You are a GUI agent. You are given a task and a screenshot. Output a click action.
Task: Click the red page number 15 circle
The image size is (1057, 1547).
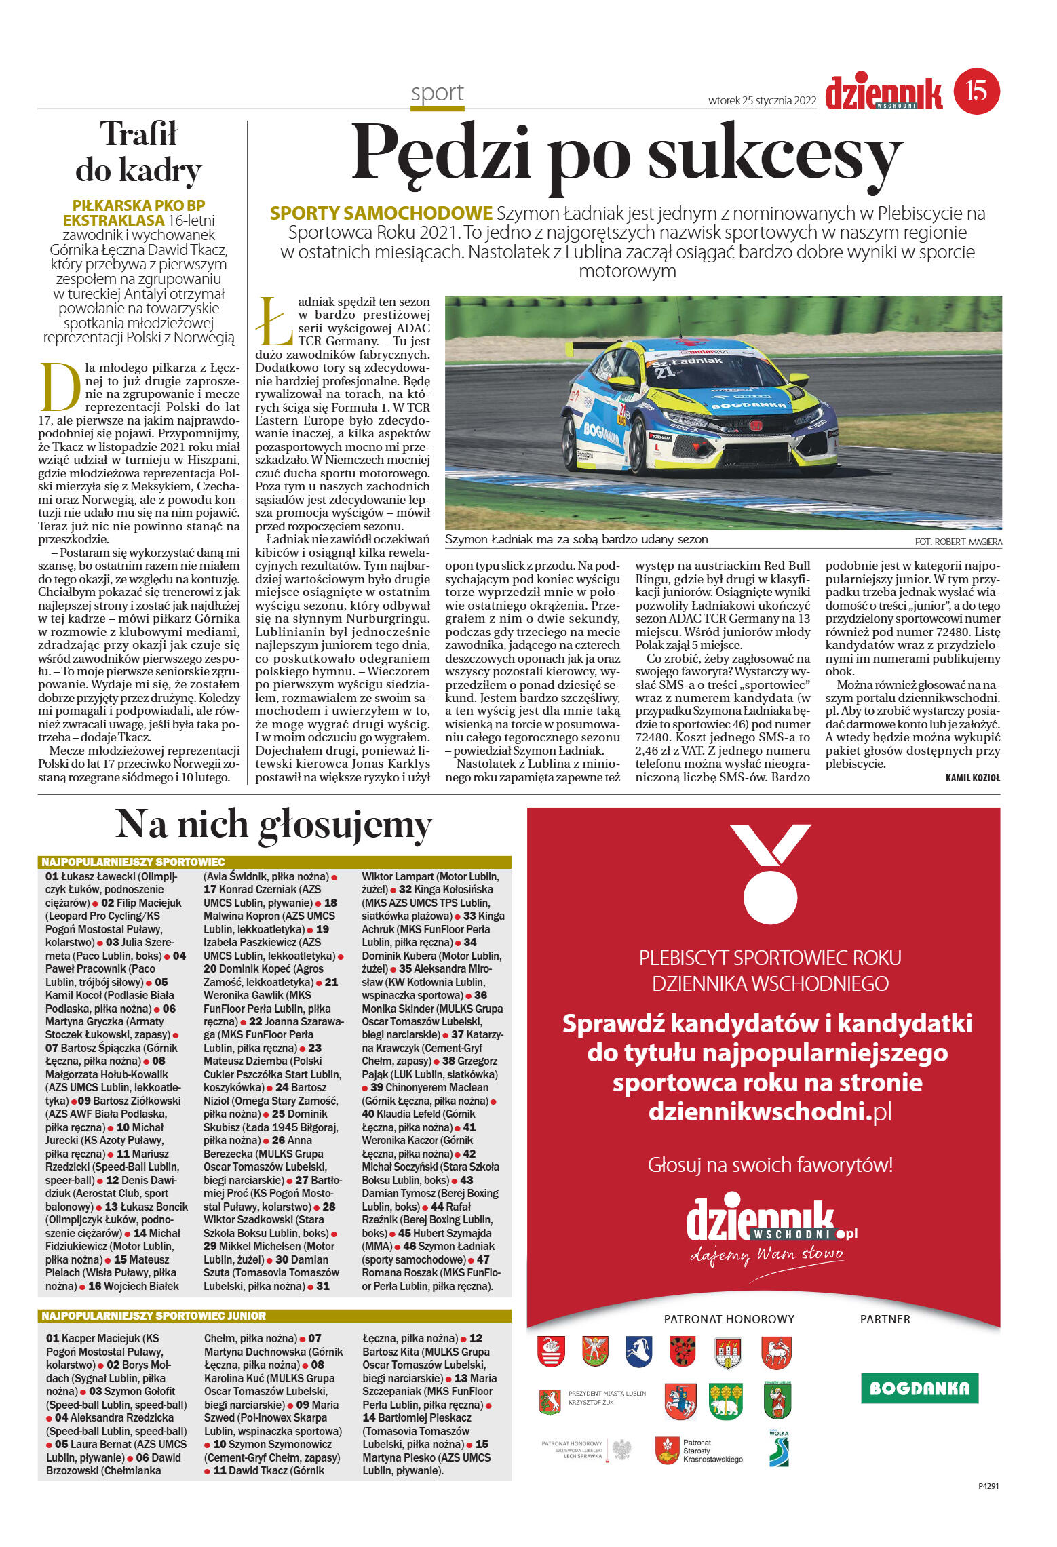[x=976, y=91]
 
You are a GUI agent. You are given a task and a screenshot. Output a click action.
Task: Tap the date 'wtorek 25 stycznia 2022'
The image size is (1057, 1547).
[x=761, y=100]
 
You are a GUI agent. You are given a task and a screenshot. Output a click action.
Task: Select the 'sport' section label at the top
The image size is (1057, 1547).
[x=437, y=93]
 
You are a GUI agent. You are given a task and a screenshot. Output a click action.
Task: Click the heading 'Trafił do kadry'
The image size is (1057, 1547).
[x=138, y=152]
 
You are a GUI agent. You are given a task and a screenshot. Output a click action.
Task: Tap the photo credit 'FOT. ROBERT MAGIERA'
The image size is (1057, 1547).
[x=957, y=541]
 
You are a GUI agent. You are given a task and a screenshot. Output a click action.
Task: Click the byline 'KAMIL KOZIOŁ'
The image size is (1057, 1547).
[x=972, y=778]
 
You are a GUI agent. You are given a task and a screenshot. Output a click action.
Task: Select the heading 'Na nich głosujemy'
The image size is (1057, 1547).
[x=274, y=825]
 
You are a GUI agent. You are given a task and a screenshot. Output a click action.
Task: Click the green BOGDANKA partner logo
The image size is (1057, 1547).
[x=919, y=1388]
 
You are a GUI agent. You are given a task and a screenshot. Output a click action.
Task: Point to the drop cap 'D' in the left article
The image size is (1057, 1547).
[x=60, y=387]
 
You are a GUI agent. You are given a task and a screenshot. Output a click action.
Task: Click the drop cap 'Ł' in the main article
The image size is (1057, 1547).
[x=274, y=321]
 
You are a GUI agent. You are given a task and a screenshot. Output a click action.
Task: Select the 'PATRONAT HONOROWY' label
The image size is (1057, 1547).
[x=729, y=1319]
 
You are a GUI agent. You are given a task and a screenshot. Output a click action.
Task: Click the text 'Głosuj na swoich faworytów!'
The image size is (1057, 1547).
[x=770, y=1165]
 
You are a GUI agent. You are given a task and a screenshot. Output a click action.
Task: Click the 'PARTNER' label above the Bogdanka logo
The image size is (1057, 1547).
[x=885, y=1319]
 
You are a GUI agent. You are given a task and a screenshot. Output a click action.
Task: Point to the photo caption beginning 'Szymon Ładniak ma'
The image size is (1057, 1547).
[x=576, y=540]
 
